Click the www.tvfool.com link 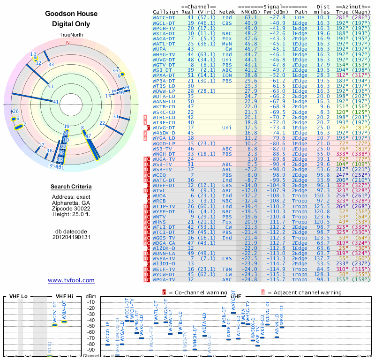[x=71, y=280]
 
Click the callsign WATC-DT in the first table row [x=164, y=17]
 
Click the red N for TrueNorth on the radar [x=68, y=43]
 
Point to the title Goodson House [x=71, y=14]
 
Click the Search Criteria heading [x=71, y=187]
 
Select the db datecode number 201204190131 [x=71, y=237]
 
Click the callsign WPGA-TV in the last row [x=164, y=279]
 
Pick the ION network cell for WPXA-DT [x=227, y=75]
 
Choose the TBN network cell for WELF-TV [x=227, y=269]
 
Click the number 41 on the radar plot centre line [x=56, y=102]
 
